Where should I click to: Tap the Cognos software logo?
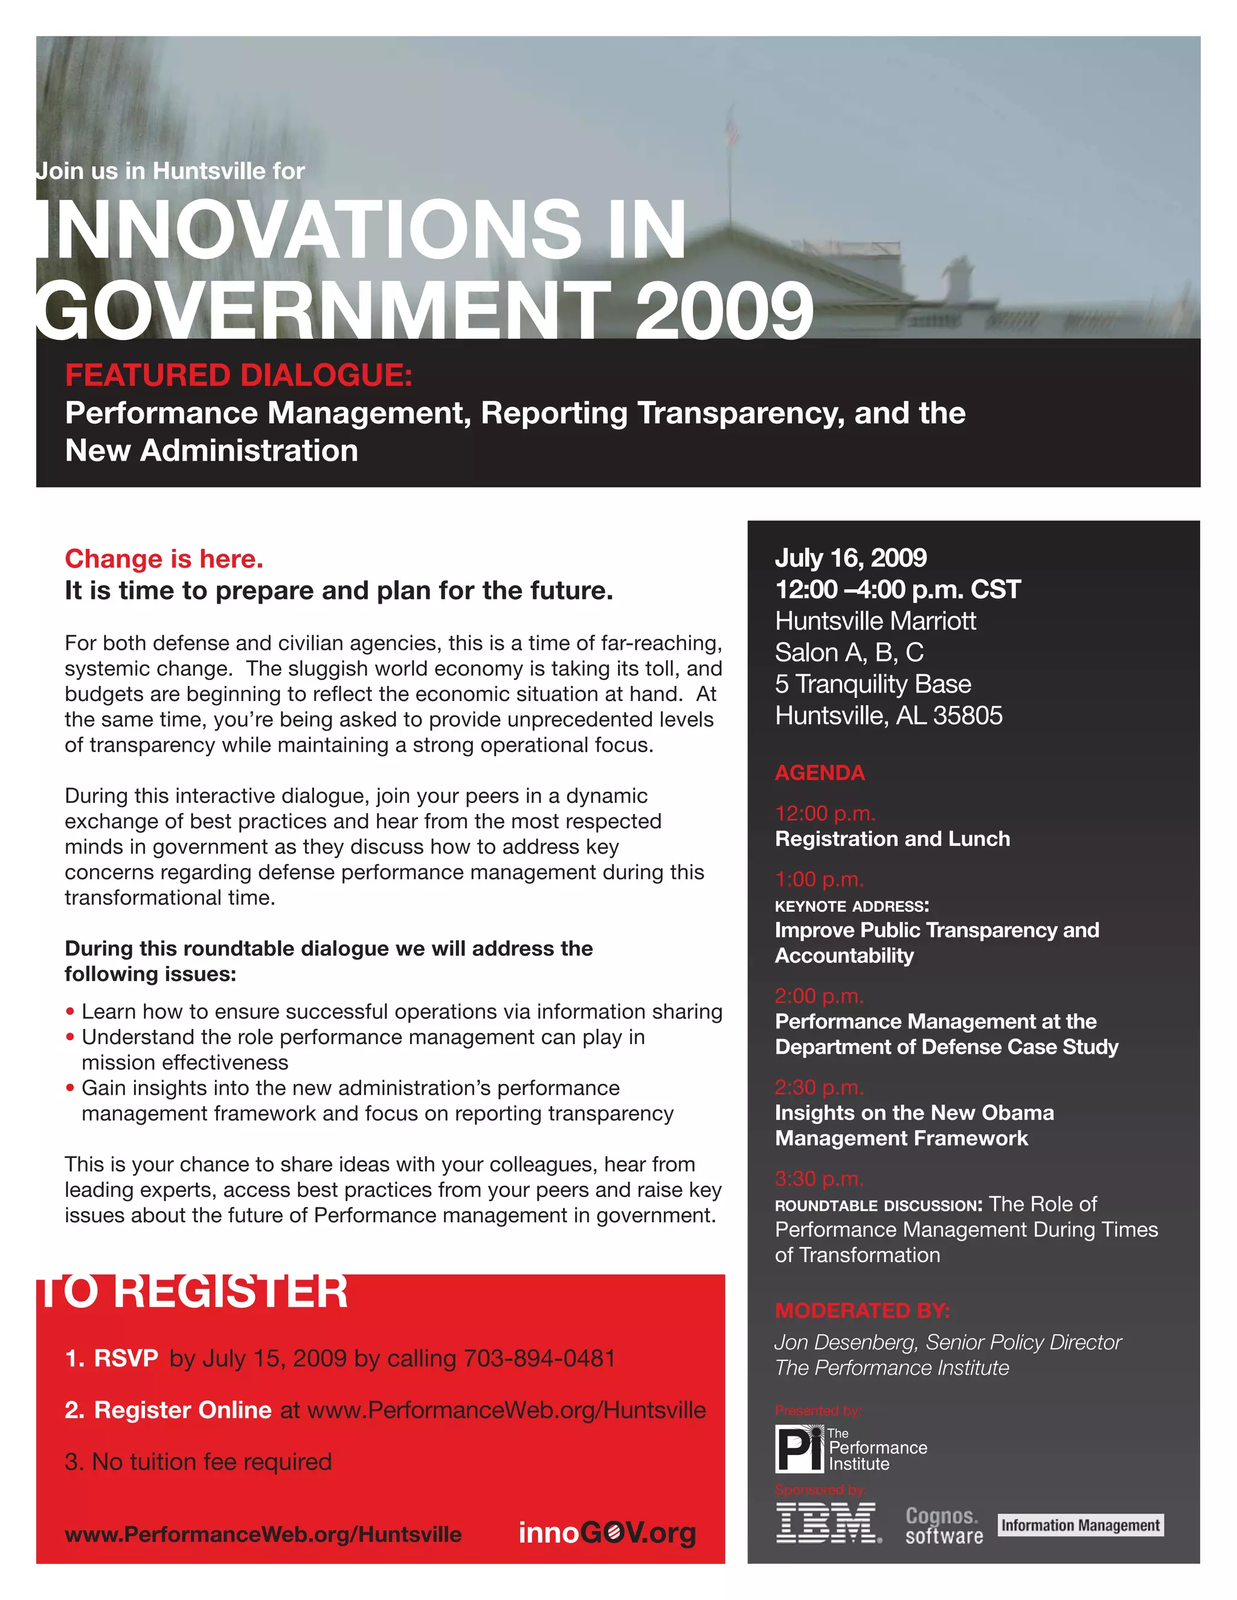(944, 1525)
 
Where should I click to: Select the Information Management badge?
(1080, 1525)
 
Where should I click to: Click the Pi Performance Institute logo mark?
(800, 1448)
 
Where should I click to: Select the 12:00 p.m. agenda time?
(825, 813)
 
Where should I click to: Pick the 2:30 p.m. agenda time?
(819, 1087)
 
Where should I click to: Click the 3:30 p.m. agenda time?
(819, 1178)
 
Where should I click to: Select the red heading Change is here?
(164, 559)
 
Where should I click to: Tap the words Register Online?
(182, 1410)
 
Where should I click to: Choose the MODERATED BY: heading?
(862, 1310)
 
